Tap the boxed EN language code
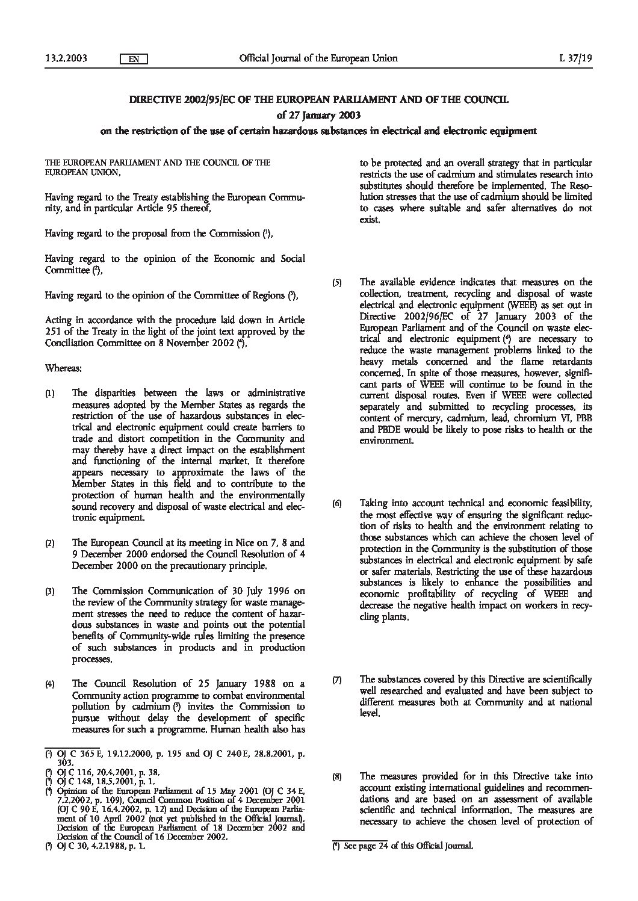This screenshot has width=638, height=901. click(134, 59)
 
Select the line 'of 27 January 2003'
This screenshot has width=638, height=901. click(319, 114)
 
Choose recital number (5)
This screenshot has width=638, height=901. click(338, 282)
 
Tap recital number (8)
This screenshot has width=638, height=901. click(338, 777)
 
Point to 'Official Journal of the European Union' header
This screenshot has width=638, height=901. click(318, 58)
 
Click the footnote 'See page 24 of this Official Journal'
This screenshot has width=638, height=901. click(408, 845)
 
